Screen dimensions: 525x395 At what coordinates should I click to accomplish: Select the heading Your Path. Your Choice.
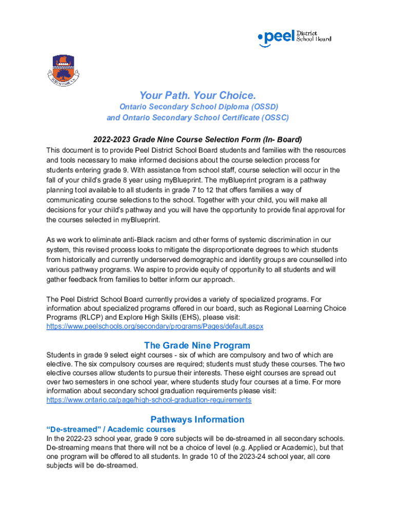tap(197, 96)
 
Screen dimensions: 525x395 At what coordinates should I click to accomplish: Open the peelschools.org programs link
tap(155, 326)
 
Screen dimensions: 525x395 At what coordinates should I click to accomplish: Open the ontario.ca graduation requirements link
tap(149, 400)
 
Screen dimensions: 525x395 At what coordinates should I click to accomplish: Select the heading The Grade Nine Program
tap(197, 345)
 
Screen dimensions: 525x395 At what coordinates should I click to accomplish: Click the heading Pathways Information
tap(197, 419)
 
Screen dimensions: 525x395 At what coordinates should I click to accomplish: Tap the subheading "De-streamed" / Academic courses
tap(111, 429)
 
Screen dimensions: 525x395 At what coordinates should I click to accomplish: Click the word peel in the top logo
tap(280, 37)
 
